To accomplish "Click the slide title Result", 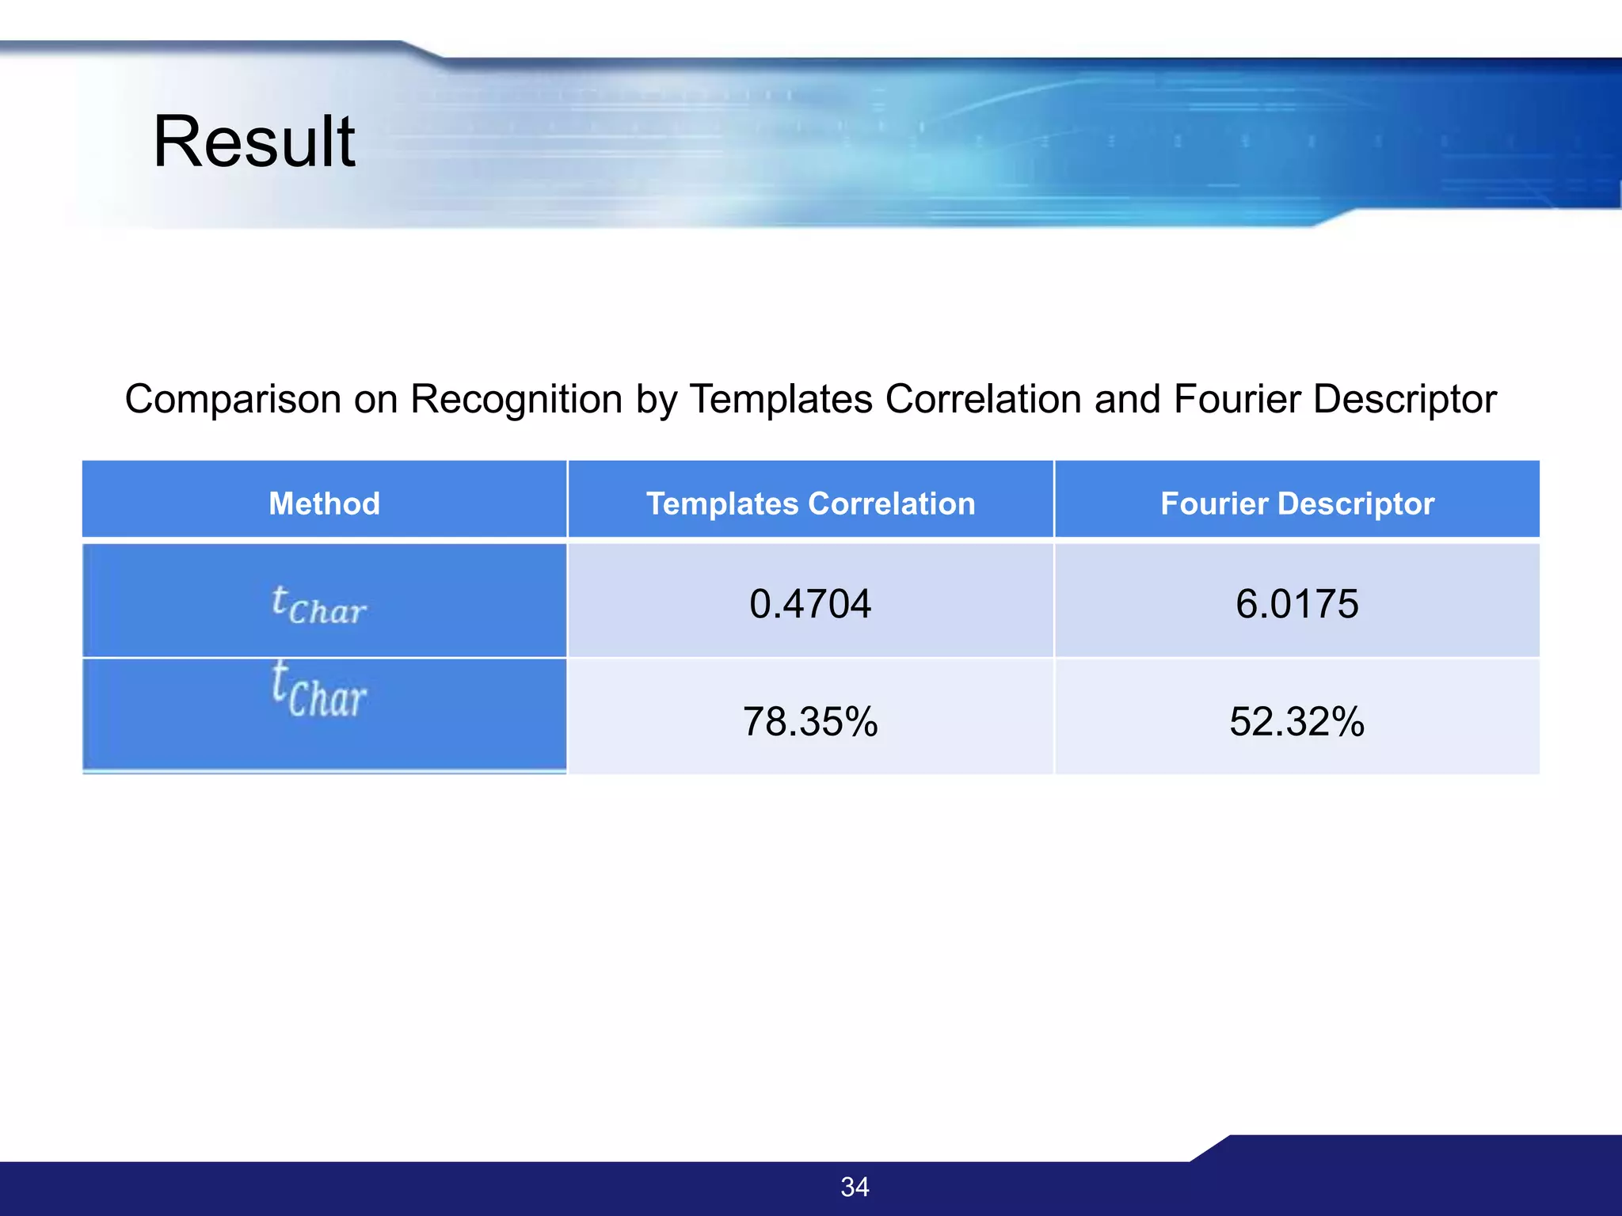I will click(253, 142).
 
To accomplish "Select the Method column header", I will click(324, 503).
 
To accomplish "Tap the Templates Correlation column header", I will click(810, 503).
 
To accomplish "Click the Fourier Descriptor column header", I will click(1296, 503).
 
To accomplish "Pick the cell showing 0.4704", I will click(810, 604).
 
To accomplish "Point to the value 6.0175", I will click(1296, 604).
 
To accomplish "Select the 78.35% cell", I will click(810, 721).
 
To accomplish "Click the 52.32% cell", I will click(1296, 721).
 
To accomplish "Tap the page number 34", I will click(855, 1187).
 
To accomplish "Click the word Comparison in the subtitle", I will click(233, 400).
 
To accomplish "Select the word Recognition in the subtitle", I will click(516, 400).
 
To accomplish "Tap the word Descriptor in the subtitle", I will click(1404, 400).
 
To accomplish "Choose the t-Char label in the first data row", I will click(318, 606).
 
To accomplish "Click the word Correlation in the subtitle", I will click(983, 400).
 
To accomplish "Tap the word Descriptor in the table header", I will click(1356, 503).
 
